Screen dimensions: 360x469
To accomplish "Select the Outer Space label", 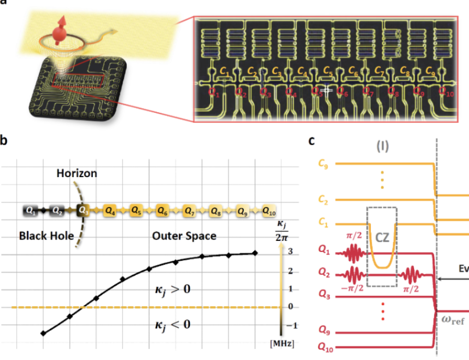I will [x=184, y=236].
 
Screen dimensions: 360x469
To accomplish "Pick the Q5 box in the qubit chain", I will [x=136, y=211].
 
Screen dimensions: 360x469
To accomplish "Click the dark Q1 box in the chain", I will [x=30, y=211].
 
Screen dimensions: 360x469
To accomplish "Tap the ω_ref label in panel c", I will [x=452, y=320].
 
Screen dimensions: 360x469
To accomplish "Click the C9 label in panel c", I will [x=323, y=164].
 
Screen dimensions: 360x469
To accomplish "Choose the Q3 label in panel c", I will [x=324, y=297].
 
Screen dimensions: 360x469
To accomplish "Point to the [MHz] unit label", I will [x=282, y=343].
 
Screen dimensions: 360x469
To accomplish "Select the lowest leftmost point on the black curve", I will [x=43, y=333].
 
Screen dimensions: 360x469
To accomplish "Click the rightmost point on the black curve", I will [x=255, y=253].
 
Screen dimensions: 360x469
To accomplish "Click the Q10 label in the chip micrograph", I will [x=445, y=91].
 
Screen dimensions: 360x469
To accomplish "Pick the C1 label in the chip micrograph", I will [x=225, y=71].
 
